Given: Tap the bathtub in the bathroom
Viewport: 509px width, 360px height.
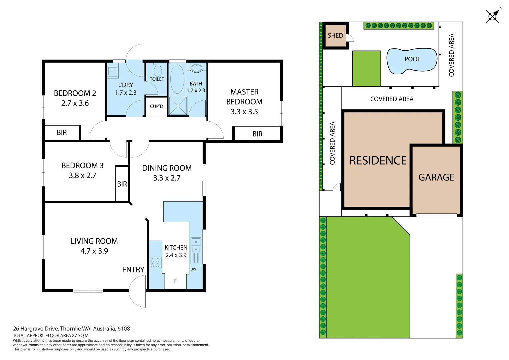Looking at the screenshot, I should [177, 79].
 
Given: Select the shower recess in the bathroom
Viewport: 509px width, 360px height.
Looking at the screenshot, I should [178, 106].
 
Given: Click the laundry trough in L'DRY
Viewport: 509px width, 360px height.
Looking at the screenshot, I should [112, 71].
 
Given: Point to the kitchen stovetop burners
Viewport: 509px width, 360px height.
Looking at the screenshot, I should [155, 262].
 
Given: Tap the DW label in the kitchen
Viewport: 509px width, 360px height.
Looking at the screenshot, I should [193, 269].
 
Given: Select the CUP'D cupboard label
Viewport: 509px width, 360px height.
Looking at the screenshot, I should [156, 106].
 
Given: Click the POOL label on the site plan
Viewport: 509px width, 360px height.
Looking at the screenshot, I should [412, 59].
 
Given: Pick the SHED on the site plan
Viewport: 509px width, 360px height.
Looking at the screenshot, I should [335, 35].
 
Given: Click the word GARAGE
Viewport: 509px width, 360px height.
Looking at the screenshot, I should [436, 177].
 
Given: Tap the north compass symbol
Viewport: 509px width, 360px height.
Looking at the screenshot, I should [492, 16].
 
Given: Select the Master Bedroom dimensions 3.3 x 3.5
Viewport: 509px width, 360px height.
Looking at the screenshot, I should [244, 112].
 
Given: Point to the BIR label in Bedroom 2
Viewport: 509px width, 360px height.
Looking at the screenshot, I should [62, 133].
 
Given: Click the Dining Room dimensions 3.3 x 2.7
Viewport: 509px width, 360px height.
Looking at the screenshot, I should [167, 178].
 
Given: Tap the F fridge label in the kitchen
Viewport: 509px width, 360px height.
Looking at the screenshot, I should [175, 281].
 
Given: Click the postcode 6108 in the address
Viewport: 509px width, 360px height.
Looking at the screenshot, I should [123, 328].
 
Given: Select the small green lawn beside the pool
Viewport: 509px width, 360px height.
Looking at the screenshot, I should [366, 68].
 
